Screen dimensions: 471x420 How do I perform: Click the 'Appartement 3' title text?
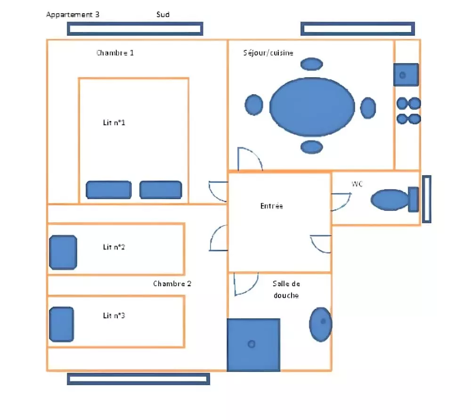73,15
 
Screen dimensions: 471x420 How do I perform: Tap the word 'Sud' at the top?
163,15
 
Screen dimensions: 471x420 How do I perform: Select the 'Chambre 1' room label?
115,53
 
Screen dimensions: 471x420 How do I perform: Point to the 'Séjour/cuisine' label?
268,53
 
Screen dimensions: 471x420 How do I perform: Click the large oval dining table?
312,107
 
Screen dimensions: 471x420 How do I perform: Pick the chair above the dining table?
312,64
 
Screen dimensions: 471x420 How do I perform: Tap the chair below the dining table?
312,147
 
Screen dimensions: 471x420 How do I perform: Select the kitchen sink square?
406,75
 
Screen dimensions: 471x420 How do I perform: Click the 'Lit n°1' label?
114,122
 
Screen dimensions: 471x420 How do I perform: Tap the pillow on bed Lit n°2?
63,252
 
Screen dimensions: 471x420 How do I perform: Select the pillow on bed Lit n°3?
62,324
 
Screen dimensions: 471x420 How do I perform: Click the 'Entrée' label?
272,206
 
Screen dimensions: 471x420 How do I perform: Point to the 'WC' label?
357,184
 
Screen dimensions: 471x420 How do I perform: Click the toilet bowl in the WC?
390,200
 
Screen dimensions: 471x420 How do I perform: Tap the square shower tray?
253,345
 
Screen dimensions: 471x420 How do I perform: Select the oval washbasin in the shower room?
321,324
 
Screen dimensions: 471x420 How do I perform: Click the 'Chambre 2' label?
172,284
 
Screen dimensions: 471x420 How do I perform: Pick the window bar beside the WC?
427,199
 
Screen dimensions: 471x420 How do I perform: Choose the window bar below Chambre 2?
138,379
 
